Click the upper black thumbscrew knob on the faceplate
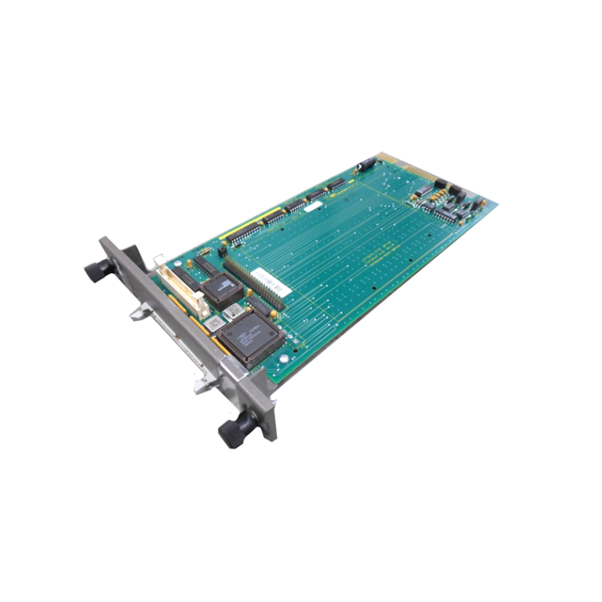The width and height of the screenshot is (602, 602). (97, 270)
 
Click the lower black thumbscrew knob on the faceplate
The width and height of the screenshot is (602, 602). (233, 430)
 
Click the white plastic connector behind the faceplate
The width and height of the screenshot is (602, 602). (181, 284)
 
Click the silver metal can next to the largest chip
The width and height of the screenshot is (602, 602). (213, 322)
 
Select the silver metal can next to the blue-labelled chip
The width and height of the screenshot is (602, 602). (234, 309)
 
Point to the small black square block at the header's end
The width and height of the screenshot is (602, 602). (223, 248)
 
